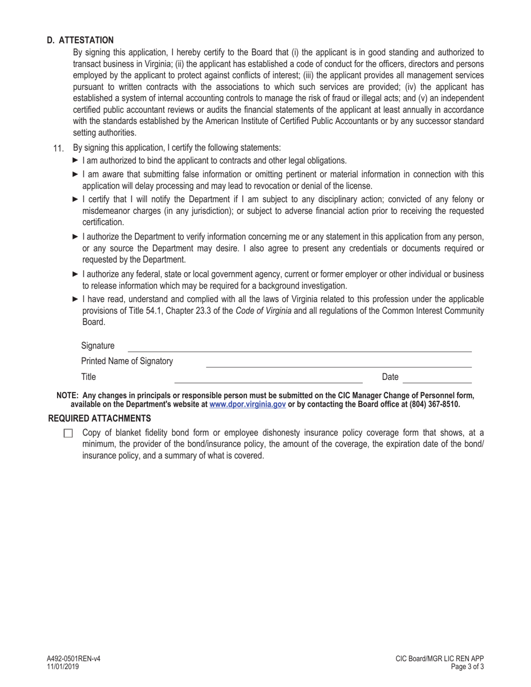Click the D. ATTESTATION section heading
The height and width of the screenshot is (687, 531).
pos(80,40)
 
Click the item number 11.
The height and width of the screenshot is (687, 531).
pos(59,149)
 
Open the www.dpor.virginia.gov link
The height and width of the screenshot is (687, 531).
pos(248,404)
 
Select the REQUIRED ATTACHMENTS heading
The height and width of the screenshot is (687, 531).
pos(99,418)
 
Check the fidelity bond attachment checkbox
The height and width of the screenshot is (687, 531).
pos(68,433)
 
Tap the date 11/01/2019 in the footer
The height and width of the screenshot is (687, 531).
pos(63,666)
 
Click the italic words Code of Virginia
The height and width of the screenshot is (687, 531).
pos(263,311)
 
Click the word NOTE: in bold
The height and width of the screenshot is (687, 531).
pos(68,396)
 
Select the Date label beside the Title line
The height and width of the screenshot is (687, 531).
pos(390,377)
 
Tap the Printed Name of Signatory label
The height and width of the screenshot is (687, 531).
pos(127,361)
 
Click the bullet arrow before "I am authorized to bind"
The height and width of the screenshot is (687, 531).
pos(76,160)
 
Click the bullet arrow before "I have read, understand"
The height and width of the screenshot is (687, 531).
pos(76,299)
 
